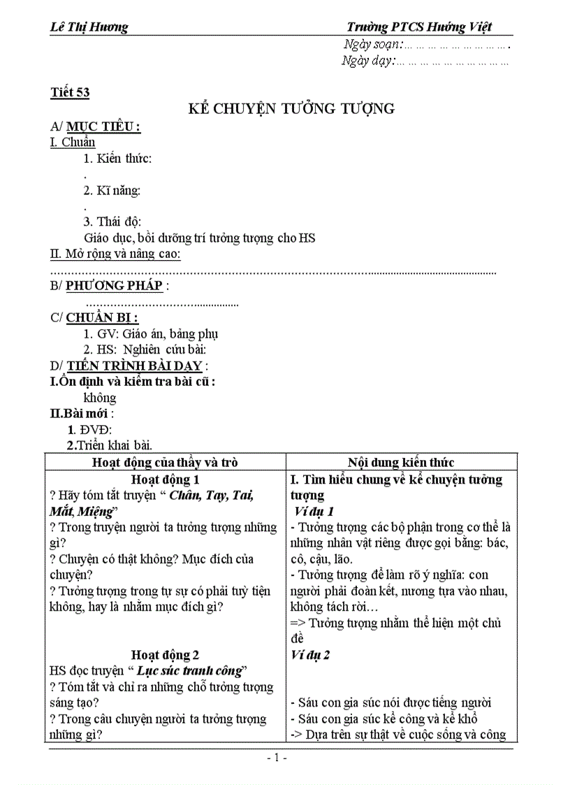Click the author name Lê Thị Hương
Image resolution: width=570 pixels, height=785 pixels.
tap(89, 27)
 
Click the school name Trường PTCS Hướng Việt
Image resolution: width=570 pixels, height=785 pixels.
tap(419, 27)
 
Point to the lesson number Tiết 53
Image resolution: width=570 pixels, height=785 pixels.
tap(70, 92)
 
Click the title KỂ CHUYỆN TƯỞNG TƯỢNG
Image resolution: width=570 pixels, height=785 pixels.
tap(292, 108)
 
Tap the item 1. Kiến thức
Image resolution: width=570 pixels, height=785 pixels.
tap(117, 158)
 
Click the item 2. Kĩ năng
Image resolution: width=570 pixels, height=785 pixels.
tap(112, 190)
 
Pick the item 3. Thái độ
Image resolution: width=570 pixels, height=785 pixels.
tap(112, 222)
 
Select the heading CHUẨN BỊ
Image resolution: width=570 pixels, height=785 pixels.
tap(102, 317)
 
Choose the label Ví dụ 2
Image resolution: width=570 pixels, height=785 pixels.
tap(311, 655)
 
